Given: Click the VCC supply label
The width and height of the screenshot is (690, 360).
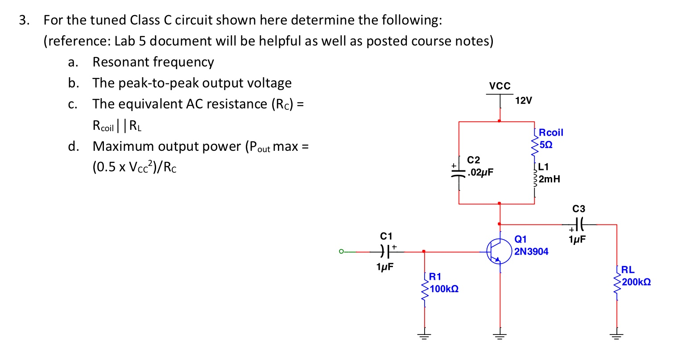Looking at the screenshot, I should point(500,86).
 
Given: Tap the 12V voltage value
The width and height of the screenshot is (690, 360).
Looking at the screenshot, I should point(523,100).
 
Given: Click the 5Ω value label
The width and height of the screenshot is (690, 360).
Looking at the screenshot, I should point(546,145).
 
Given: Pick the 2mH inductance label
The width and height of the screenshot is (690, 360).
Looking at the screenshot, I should point(549,179).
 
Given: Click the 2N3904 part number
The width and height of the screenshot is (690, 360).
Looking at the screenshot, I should point(531,252).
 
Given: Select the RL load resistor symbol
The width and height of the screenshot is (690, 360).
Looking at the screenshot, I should point(617,282).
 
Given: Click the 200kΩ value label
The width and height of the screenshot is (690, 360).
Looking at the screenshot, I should point(636,282).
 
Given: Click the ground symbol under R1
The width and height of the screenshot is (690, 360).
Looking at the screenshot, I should point(424,336).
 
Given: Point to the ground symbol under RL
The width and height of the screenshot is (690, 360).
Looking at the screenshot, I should point(617,336).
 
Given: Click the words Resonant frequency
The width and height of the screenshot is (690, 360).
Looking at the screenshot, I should point(153,62).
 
